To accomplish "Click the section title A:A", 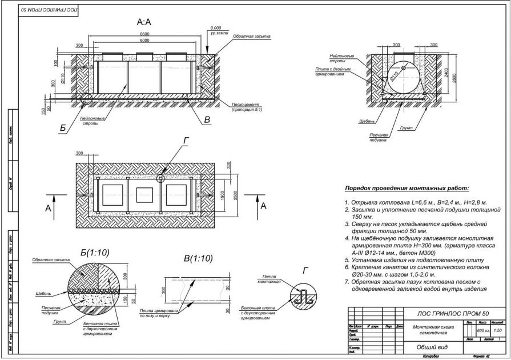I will [x=143, y=22].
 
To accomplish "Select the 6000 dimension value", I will [x=145, y=41].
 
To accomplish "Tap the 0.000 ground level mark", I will [x=215, y=28].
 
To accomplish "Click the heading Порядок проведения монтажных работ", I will [x=406, y=188].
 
